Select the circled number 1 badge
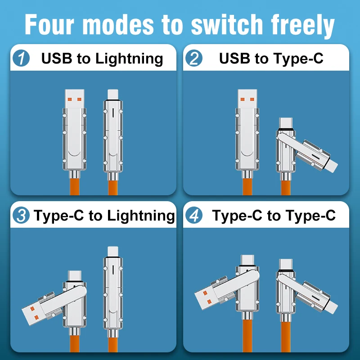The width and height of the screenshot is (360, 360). pos(21,59)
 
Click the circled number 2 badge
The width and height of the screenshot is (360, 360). pos(194,59)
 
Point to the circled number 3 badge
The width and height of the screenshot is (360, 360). pos(21,216)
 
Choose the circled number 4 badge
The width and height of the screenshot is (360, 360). pos(194,216)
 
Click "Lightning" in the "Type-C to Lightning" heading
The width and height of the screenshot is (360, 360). pos(141,216)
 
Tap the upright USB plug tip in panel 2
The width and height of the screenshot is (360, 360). pos(246,98)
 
